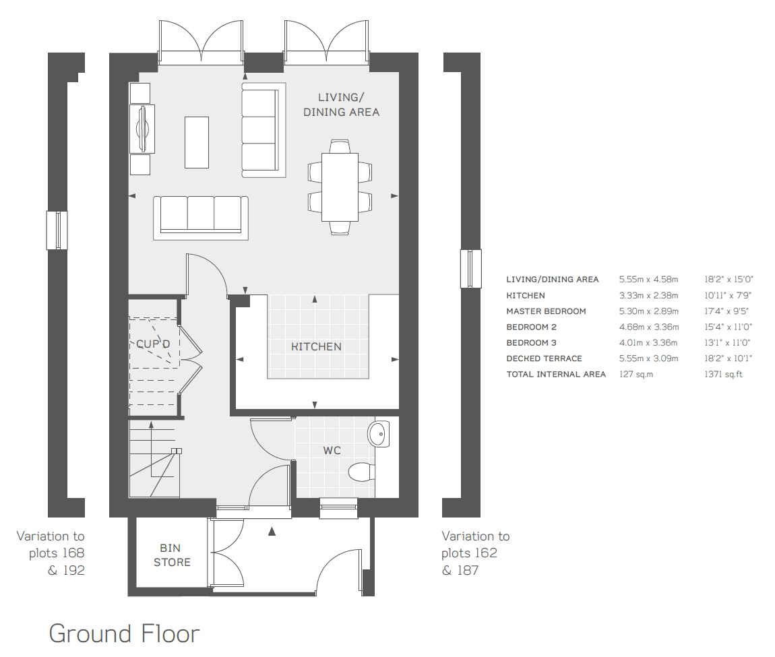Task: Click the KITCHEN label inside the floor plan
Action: pos(316,346)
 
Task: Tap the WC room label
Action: pos(332,450)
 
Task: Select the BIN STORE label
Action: pos(171,555)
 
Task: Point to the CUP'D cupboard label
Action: pos(153,344)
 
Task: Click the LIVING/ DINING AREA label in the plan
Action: pos(341,105)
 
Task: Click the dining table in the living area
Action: pos(340,187)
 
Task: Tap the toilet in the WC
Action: pos(362,472)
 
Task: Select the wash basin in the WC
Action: pos(379,434)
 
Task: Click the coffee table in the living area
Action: pos(197,142)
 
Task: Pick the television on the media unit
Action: pos(142,129)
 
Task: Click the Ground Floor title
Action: pos(125,633)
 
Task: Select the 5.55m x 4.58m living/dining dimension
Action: pos(648,280)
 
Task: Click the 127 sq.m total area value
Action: pos(636,374)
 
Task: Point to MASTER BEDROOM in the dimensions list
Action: pos(546,311)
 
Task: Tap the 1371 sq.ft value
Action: pos(724,374)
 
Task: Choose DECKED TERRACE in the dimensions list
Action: pos(544,358)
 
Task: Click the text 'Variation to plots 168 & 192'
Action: pos(51,553)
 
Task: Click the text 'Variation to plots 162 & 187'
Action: pos(476,553)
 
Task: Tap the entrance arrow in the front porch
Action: pos(272,532)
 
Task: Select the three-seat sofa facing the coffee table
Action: pos(201,218)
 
